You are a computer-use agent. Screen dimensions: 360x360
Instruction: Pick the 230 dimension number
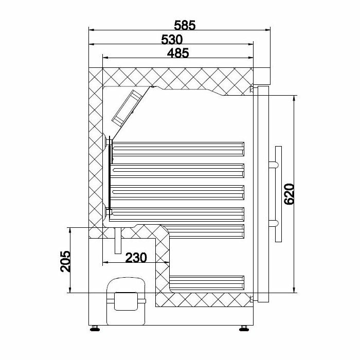click(136, 257)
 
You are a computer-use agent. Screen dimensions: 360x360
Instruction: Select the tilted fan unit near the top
click(126, 107)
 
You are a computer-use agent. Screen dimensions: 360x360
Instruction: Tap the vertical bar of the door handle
click(278, 194)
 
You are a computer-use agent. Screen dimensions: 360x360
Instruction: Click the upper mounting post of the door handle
click(273, 165)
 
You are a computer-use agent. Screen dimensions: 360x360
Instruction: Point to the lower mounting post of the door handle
click(273, 223)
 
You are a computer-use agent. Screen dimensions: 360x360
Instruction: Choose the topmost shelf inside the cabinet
click(177, 148)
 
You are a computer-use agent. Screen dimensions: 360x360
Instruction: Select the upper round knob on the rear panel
click(107, 140)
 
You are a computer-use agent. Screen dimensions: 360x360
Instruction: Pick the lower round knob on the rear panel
click(107, 210)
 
